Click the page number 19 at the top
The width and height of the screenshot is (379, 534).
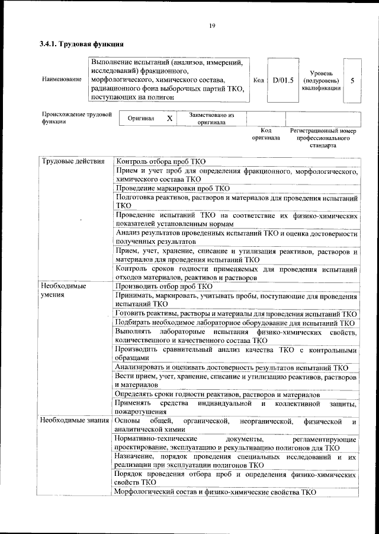tap(211, 25)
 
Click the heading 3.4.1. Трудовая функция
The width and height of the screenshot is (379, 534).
tap(81, 44)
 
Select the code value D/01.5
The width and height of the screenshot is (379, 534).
tap(283, 80)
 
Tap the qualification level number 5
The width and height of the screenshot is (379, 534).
tap(352, 80)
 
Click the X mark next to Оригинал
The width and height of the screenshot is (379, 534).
tap(169, 119)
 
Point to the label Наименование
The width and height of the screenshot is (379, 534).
tap(62, 80)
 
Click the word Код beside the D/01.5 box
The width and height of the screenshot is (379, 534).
tap(258, 80)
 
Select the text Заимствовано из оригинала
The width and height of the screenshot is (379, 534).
tap(211, 119)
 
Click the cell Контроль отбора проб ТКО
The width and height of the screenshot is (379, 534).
tap(161, 161)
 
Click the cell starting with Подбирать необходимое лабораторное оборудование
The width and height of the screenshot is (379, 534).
tap(235, 323)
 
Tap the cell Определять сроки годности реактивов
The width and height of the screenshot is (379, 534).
tap(217, 395)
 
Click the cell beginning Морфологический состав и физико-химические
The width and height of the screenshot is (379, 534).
tap(216, 492)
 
